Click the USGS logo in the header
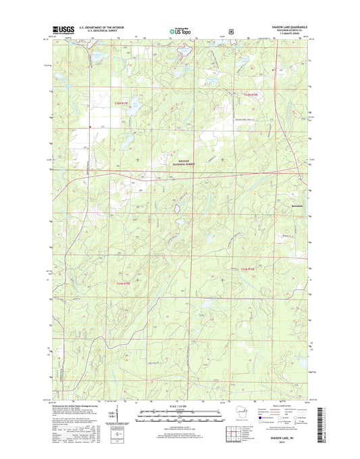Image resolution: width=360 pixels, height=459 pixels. [61, 29]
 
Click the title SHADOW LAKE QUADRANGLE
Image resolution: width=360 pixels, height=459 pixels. [284, 26]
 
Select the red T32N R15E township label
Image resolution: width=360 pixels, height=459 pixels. [120, 103]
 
